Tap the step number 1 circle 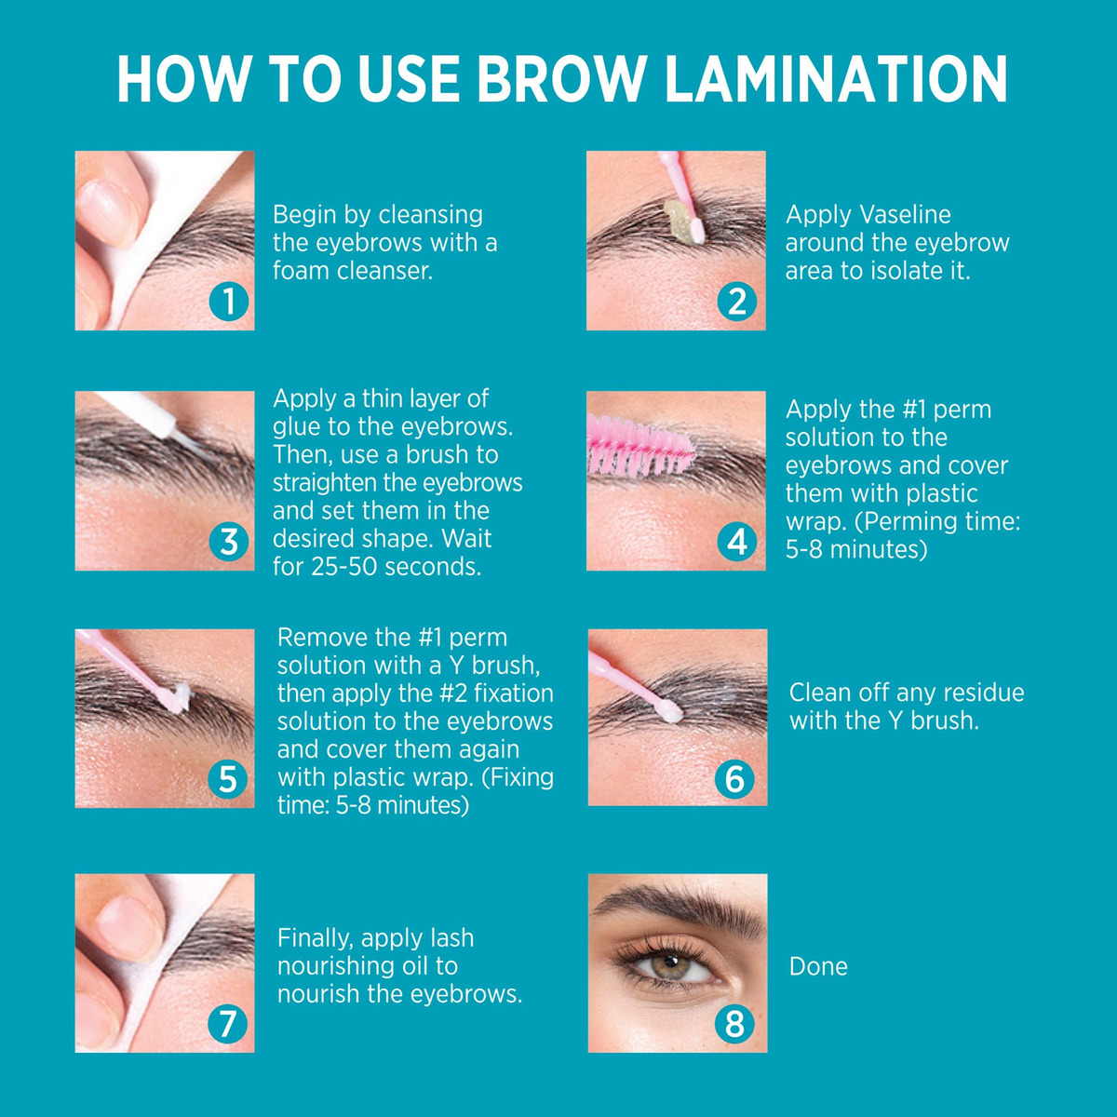[x=229, y=302]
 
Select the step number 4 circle [x=736, y=542]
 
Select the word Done [x=818, y=966]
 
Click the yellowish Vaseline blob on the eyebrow [x=679, y=221]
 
